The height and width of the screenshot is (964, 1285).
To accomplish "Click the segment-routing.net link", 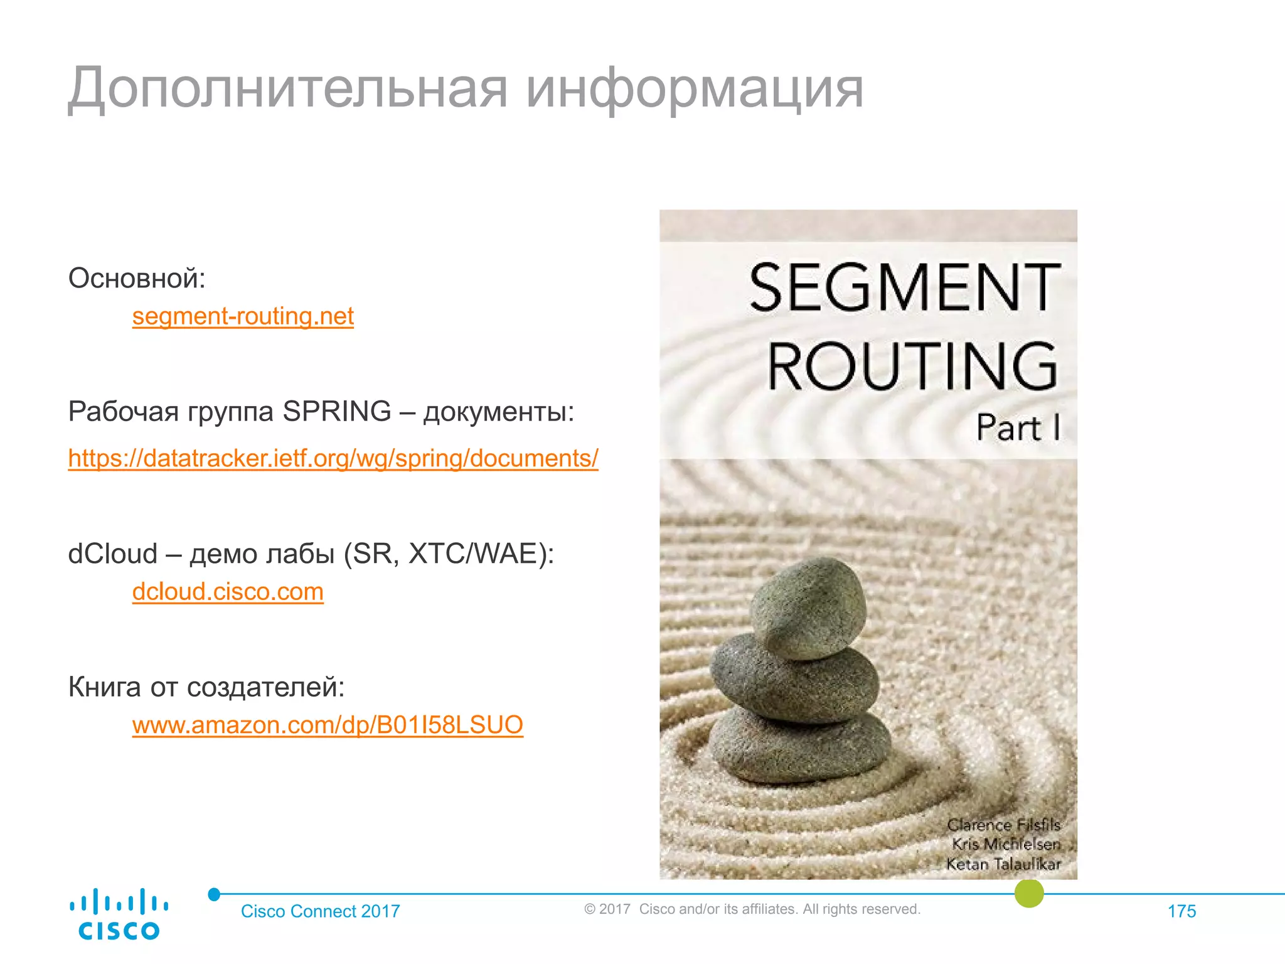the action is pos(243,316).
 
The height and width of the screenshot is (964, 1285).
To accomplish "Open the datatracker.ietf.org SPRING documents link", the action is pos(333,458).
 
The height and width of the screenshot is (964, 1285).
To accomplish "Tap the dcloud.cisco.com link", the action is pos(228,591).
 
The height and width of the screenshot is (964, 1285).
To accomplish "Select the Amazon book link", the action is pos(328,724).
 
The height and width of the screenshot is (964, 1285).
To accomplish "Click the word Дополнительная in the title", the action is pos(287,89).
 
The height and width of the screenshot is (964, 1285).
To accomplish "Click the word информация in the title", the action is pos(695,89).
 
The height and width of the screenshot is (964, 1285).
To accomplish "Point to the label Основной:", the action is pos(137,277).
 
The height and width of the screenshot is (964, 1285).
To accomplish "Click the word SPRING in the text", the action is pos(337,412).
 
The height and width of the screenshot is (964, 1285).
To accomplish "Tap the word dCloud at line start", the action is pos(113,554).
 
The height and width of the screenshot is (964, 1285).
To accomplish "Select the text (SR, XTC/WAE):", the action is pos(449,554).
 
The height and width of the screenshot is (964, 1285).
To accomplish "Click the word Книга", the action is pos(104,687).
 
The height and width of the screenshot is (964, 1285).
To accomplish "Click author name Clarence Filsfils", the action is pos(1003,825).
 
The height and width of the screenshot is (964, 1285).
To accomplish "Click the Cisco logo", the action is pos(119,914).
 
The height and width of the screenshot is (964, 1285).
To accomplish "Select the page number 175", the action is pos(1181,911).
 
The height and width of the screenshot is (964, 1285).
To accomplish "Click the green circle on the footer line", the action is pos(1029,892).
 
